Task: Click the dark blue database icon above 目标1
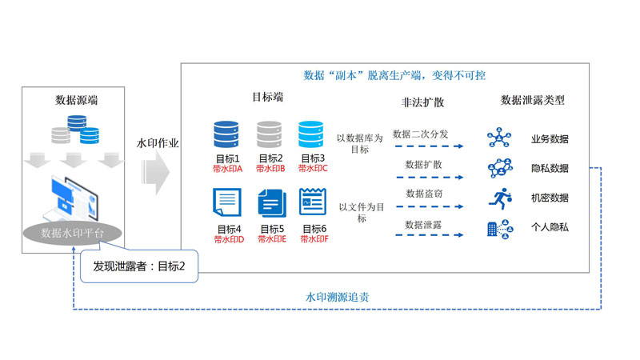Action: pos(227,132)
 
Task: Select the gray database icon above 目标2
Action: pos(270,132)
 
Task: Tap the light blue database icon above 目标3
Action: pos(311,132)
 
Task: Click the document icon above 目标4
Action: pos(227,202)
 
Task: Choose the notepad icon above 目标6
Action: pos(312,202)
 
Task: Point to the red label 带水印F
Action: pos(313,238)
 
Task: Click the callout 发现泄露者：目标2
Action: pos(139,266)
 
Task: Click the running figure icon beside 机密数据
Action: pos(501,197)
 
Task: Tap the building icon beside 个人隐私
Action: pos(501,227)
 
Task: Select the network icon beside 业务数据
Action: pos(501,138)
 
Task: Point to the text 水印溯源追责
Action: pos(338,297)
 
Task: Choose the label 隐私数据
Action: pos(550,168)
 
